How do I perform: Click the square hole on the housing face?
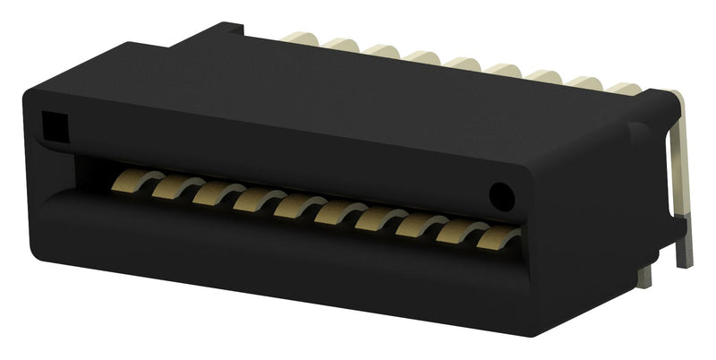pyautogui.click(x=53, y=124)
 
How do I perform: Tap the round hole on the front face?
pyautogui.click(x=503, y=193)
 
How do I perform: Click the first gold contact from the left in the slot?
pyautogui.click(x=131, y=183)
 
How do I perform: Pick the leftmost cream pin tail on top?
pyautogui.click(x=298, y=37)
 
